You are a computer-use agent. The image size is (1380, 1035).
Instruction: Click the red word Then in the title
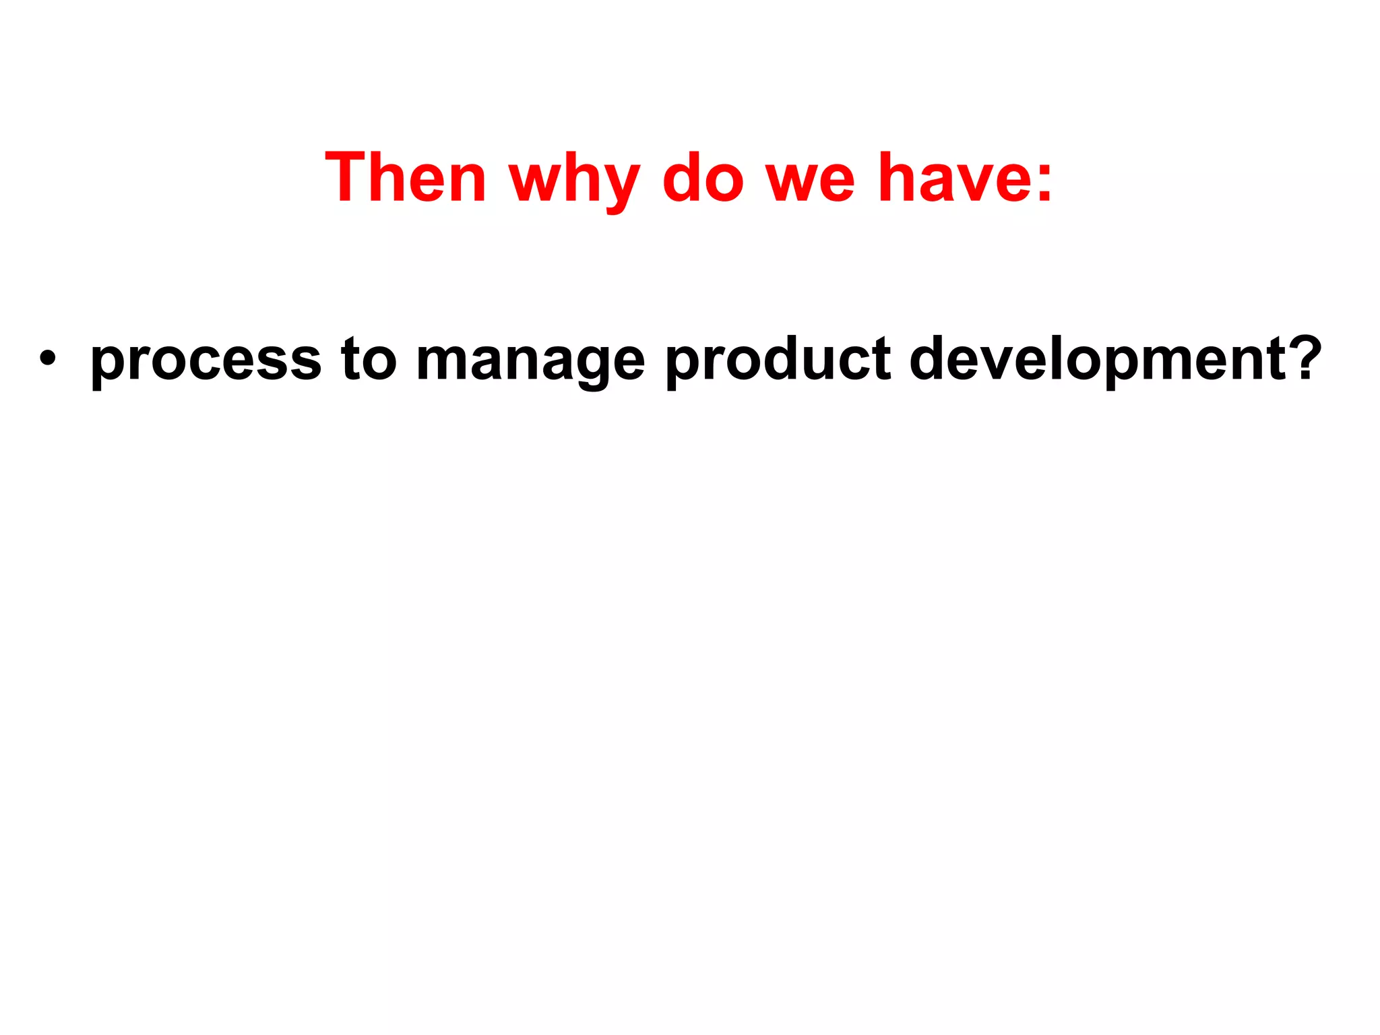tap(405, 177)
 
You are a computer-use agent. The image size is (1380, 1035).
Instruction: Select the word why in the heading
tap(574, 179)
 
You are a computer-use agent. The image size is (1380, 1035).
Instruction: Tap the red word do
tap(703, 177)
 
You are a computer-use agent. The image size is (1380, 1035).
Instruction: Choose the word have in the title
tap(952, 177)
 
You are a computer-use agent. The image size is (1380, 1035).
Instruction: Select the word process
tap(206, 361)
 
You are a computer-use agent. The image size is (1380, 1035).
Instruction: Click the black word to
tap(368, 358)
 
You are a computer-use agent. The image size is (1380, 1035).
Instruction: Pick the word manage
tap(530, 361)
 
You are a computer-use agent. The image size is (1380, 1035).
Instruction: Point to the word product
tap(778, 360)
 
